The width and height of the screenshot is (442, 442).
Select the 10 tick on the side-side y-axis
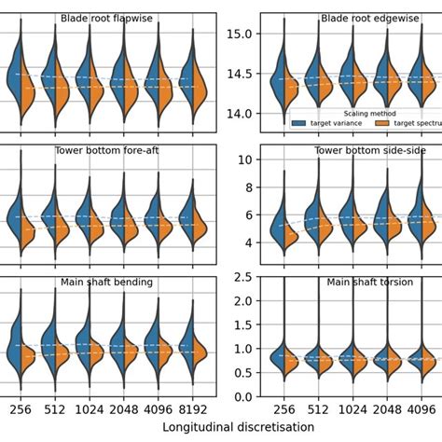pos(244,159)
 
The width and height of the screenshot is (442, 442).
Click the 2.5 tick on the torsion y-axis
pos(241,277)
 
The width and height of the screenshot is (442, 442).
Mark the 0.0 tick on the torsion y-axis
pos(241,397)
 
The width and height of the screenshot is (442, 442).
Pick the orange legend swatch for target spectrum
pos(382,122)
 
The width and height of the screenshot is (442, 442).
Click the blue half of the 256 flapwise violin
pos(13,79)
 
